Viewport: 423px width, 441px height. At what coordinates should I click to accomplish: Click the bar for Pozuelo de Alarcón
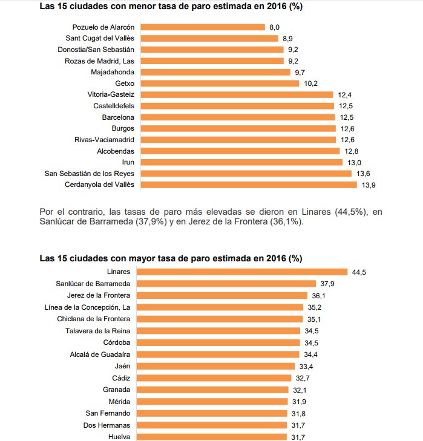tap(203, 27)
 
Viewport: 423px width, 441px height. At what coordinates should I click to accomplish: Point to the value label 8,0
tap(275, 27)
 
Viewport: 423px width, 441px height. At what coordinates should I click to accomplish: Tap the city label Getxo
tap(124, 83)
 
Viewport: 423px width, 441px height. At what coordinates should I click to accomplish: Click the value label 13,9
tap(369, 185)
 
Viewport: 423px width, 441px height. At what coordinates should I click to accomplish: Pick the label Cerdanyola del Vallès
tap(99, 185)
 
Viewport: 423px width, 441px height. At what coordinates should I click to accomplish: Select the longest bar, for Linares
tap(244, 272)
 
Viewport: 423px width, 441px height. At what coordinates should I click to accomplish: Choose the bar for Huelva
tap(212, 437)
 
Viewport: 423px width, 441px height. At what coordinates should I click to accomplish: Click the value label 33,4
tap(305, 366)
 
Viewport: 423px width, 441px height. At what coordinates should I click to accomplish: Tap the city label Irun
tap(128, 162)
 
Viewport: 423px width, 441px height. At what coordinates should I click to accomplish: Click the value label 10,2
tap(311, 83)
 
